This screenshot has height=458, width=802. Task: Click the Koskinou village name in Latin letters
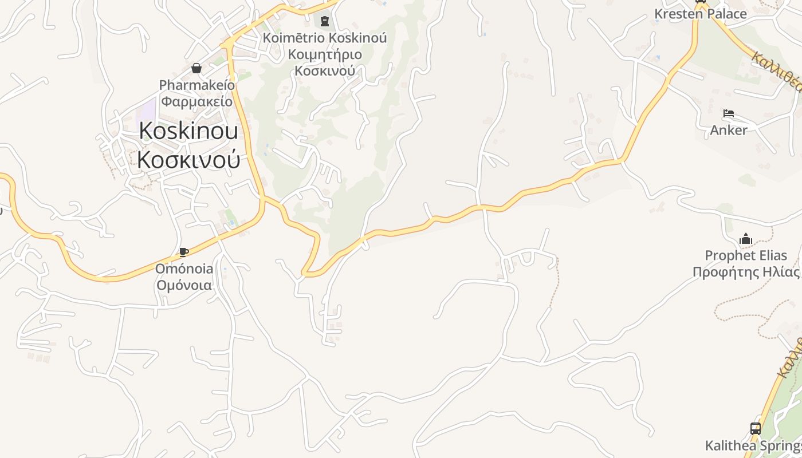188,131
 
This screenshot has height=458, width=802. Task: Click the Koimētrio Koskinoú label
325,38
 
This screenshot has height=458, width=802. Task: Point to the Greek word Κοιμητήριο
325,55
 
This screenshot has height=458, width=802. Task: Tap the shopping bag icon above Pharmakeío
196,69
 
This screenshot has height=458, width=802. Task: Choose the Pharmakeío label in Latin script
196,85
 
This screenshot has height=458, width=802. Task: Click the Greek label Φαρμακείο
196,102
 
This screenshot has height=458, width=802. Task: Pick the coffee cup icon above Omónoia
184,252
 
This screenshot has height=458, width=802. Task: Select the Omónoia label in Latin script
184,269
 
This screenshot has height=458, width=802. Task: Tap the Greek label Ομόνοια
184,285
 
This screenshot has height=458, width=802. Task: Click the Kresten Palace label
701,14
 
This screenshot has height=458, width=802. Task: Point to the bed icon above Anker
729,113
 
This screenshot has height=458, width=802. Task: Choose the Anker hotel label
729,130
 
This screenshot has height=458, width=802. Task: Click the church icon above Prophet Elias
746,238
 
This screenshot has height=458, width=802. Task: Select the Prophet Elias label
746,255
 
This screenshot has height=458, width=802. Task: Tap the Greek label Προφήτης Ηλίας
746,272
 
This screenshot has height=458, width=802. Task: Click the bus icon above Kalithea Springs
756,428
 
